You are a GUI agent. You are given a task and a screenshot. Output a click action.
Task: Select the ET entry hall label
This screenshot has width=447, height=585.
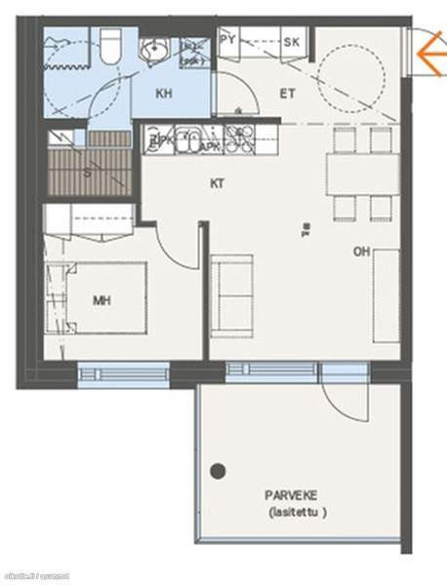[x=288, y=95]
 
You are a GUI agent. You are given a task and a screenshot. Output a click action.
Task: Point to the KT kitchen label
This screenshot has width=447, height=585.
[x=218, y=183]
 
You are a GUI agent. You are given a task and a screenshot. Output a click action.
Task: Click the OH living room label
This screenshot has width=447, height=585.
[x=362, y=252]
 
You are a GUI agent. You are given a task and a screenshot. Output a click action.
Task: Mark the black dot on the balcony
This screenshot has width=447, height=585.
[x=219, y=471]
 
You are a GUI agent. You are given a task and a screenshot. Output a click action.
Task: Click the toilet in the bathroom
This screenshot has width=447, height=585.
[x=109, y=44]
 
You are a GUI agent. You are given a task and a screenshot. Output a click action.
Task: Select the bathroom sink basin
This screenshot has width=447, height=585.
[x=154, y=51]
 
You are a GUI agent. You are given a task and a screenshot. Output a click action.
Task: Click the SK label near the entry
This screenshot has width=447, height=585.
[x=291, y=42]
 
